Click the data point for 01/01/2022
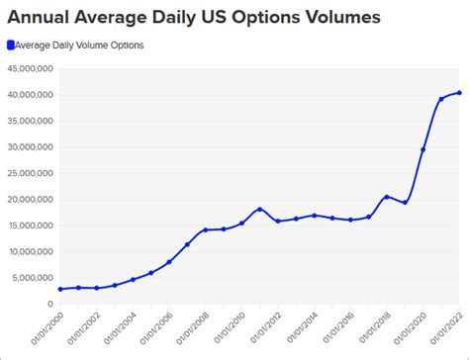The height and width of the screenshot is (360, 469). (459, 93)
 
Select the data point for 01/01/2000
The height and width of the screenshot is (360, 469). (60, 289)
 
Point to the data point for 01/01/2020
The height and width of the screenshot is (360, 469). (422, 149)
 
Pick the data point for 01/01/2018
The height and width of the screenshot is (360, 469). (386, 197)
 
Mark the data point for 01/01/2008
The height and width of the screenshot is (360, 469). (205, 230)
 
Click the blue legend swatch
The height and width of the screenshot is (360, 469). (10, 45)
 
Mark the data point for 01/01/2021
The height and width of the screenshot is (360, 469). (440, 99)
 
